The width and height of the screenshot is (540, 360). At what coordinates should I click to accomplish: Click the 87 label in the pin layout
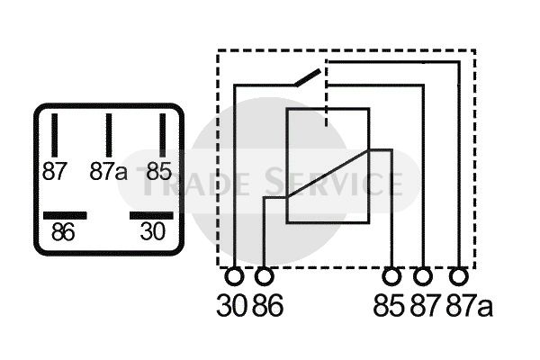[x=55, y=171]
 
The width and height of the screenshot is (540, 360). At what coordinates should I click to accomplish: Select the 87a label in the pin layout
[x=108, y=171]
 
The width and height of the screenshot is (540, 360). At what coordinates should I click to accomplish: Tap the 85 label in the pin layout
[x=159, y=171]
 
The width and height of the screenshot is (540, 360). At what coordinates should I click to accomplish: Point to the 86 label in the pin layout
[x=63, y=232]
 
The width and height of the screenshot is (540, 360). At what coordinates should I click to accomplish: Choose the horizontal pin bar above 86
[x=65, y=216]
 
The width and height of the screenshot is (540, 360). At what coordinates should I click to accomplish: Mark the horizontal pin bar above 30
[x=150, y=216]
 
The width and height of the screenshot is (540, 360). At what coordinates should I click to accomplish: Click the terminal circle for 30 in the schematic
[x=235, y=275]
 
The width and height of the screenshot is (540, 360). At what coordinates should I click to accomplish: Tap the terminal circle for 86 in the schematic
[x=265, y=275]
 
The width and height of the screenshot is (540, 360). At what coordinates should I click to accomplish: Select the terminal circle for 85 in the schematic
[x=391, y=275]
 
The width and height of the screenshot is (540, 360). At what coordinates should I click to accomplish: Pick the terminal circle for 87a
[x=461, y=275]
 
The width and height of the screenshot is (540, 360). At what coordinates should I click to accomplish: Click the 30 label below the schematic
[x=230, y=306]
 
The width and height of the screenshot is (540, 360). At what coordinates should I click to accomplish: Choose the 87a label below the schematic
[x=470, y=306]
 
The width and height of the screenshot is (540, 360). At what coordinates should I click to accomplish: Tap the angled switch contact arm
[x=306, y=77]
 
